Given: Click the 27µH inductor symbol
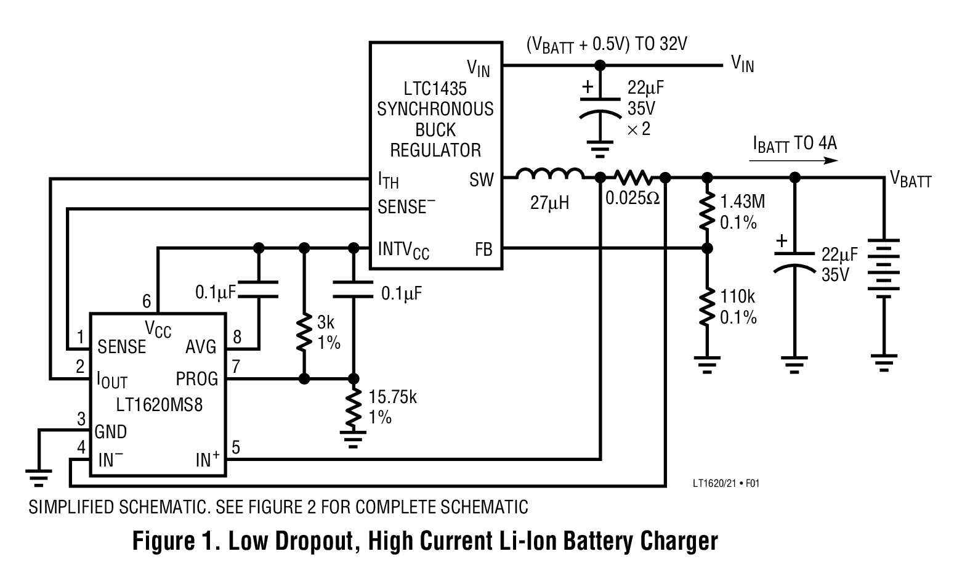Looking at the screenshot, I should click(x=549, y=174).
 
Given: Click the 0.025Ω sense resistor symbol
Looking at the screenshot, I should click(x=632, y=177).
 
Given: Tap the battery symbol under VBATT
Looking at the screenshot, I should click(x=884, y=269).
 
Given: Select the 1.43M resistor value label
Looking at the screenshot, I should click(x=743, y=202).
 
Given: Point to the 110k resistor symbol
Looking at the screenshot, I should click(x=707, y=306).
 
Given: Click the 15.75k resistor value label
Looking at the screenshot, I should click(x=392, y=397).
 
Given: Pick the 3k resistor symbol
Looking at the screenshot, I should click(x=304, y=333).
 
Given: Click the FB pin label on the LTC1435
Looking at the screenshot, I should click(x=483, y=250).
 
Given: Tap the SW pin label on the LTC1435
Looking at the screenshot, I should click(x=481, y=180).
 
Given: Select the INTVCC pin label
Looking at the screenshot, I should click(x=403, y=250).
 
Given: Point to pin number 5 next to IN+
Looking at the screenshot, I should click(x=236, y=447).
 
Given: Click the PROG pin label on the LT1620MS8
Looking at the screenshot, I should click(x=196, y=378).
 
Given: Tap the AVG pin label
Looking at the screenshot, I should click(x=201, y=347).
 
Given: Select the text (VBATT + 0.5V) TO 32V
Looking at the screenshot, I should click(x=606, y=45).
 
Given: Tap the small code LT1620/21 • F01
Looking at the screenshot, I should click(x=725, y=484).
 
